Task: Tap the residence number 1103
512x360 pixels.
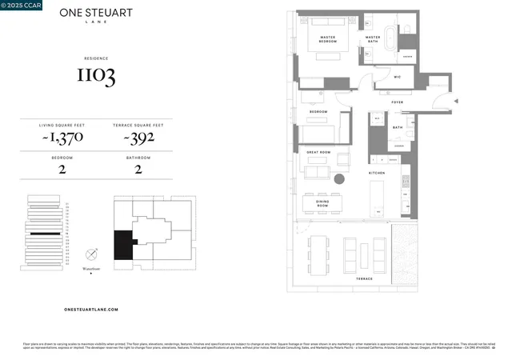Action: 96,76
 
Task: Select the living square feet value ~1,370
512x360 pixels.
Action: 62,138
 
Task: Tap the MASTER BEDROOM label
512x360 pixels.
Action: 322,39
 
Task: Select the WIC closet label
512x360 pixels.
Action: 397,78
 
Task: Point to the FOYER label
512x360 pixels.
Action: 396,103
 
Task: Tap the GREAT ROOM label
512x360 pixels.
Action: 318,150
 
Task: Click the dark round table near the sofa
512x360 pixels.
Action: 339,178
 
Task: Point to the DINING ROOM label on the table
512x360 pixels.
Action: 322,205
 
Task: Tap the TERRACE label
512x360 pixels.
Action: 364,278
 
